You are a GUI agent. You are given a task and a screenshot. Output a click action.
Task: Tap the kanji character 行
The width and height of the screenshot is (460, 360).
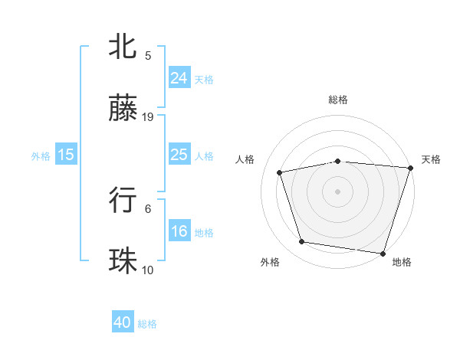click(x=123, y=201)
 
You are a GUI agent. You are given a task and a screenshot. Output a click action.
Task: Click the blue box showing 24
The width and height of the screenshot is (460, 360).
click(x=179, y=77)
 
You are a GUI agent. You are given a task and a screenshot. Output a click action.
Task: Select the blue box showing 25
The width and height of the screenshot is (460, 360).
click(x=179, y=155)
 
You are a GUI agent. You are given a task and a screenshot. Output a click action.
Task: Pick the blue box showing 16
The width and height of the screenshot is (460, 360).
click(x=179, y=231)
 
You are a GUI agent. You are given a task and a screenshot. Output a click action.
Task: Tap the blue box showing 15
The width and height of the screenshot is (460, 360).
click(x=66, y=155)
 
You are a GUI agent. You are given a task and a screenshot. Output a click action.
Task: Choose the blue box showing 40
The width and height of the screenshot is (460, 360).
click(x=123, y=323)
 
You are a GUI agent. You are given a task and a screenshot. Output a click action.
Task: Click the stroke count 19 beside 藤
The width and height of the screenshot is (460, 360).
click(x=149, y=117)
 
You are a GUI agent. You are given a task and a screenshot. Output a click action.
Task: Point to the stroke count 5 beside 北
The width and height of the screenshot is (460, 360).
click(x=148, y=55)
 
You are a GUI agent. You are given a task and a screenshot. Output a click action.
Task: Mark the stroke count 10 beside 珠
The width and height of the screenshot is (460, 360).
click(x=148, y=270)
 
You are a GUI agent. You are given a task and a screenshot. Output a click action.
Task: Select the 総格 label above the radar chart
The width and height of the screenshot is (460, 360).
click(x=338, y=100)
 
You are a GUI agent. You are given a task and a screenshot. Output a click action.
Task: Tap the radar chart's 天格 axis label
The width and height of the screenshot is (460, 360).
click(x=431, y=159)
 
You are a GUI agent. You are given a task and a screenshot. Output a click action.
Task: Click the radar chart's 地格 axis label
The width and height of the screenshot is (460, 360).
click(x=402, y=262)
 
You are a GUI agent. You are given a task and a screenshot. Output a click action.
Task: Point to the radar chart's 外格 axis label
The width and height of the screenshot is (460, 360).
click(x=270, y=262)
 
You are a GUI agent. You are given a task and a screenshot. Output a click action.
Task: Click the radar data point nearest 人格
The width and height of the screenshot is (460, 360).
click(x=281, y=172)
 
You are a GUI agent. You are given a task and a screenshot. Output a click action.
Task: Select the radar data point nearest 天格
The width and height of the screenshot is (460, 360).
click(x=410, y=168)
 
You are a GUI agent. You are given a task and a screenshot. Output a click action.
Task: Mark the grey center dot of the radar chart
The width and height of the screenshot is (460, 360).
click(x=338, y=191)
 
